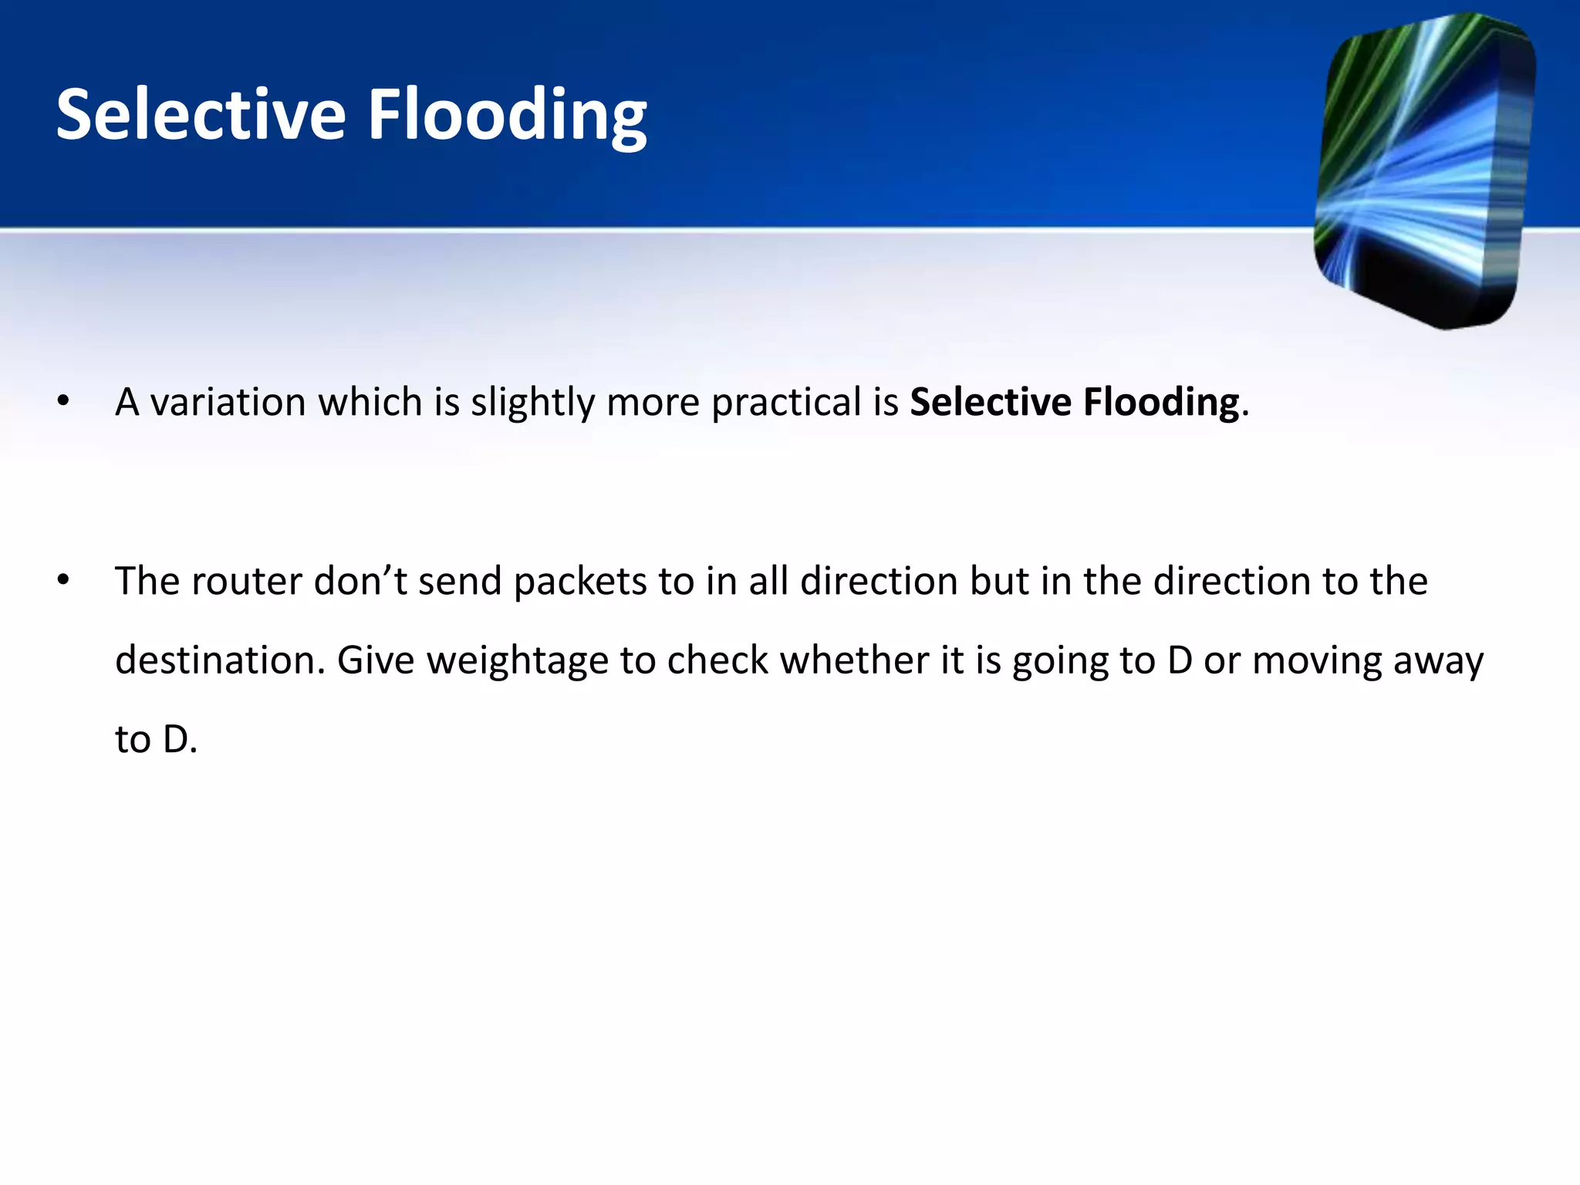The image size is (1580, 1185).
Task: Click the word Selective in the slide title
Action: [x=201, y=116]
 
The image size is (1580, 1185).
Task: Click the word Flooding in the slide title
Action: [x=507, y=116]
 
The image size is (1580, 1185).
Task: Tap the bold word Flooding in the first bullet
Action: [x=1161, y=403]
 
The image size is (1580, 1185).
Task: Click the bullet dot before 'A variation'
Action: [x=63, y=401]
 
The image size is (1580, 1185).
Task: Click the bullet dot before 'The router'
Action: [x=63, y=580]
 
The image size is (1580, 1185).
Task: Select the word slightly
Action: [x=532, y=403]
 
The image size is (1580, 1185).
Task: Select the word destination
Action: [x=220, y=660]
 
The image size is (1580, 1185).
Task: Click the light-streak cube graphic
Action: [x=1423, y=170]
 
